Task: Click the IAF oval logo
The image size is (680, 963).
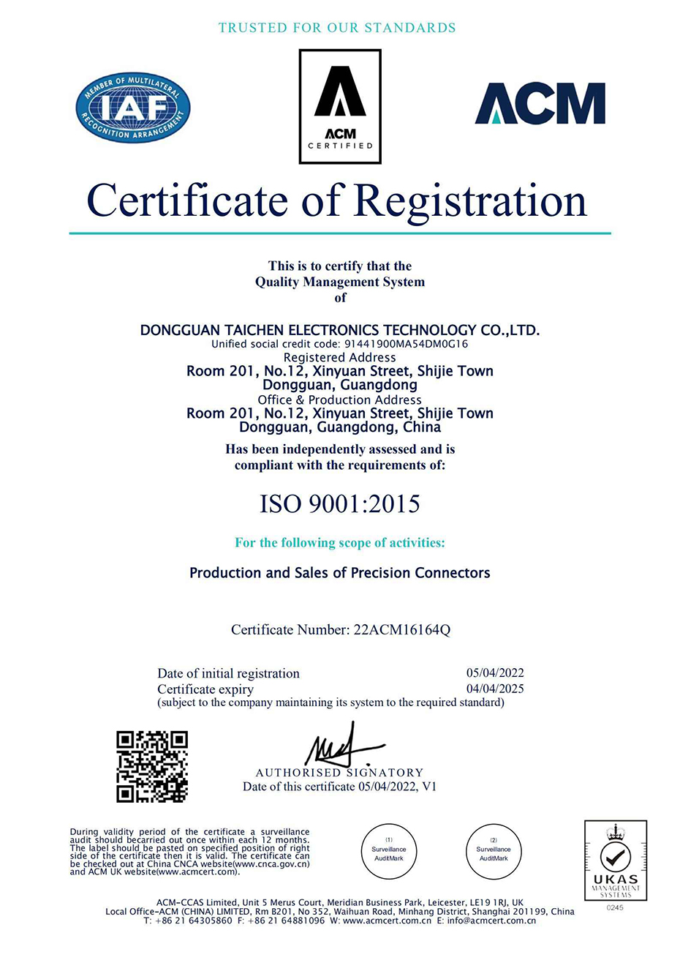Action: [x=133, y=108]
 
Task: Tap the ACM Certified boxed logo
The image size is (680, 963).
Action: [x=340, y=106]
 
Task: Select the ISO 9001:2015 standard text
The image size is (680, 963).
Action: [x=340, y=503]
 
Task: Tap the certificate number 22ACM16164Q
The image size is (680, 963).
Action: [x=401, y=629]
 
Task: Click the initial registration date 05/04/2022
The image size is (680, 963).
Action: [x=495, y=673]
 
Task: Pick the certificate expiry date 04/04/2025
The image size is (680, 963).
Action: [x=495, y=689]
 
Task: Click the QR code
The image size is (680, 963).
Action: [x=152, y=766]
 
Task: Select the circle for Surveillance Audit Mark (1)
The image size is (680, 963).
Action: [x=389, y=850]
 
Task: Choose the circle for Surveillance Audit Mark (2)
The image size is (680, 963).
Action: [x=494, y=850]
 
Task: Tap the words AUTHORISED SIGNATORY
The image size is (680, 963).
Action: [x=340, y=773]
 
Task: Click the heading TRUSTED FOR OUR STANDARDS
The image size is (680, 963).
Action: [x=337, y=28]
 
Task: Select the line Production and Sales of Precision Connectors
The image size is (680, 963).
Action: [x=340, y=573]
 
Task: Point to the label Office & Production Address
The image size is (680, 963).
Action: [x=340, y=400]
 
